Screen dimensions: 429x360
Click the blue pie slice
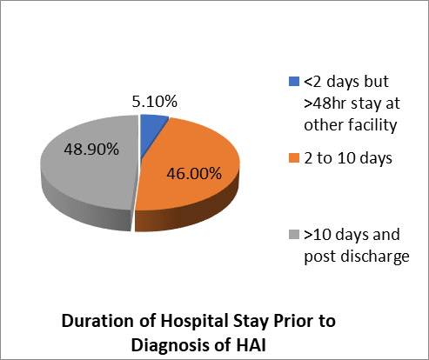pyautogui.click(x=151, y=128)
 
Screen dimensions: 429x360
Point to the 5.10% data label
pyautogui.click(x=154, y=102)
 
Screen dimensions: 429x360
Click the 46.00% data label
pyautogui.click(x=194, y=173)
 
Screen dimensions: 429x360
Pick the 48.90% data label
pyautogui.click(x=91, y=150)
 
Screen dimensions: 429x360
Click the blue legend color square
pyautogui.click(x=294, y=81)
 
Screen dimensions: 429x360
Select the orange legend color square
pyautogui.click(x=294, y=158)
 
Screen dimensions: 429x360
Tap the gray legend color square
pyautogui.click(x=294, y=234)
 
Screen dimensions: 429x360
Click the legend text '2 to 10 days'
pyautogui.click(x=348, y=158)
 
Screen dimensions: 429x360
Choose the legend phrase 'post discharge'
pyautogui.click(x=357, y=257)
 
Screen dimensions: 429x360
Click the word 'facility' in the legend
pyautogui.click(x=372, y=125)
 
